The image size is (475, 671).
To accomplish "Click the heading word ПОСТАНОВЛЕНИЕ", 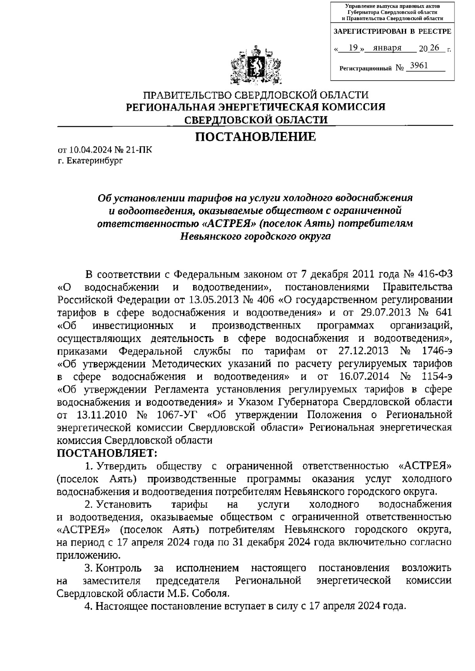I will pos(255,137).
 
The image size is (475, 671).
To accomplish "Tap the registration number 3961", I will pos(419,66).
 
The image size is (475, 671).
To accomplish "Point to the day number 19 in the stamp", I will pos(353,48).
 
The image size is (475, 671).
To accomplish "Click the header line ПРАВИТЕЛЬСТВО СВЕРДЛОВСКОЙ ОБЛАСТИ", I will pos(255,95).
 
